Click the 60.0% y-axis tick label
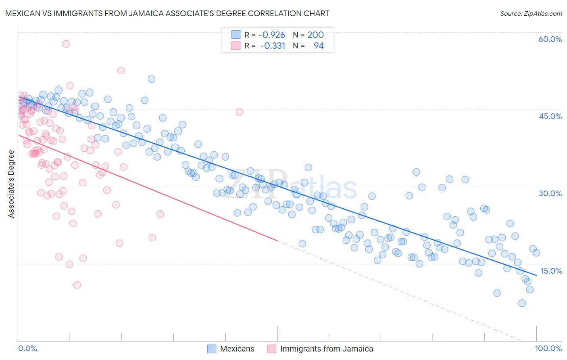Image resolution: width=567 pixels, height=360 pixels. [550, 39]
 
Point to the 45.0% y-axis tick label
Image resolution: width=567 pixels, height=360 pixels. [550, 116]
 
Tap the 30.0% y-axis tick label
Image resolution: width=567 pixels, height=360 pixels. [550, 193]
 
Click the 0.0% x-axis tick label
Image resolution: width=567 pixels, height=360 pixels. [27, 348]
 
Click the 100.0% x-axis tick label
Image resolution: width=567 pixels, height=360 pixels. [548, 348]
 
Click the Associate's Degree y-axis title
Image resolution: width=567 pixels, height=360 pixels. [11, 184]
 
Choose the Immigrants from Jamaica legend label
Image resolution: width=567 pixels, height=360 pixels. [326, 349]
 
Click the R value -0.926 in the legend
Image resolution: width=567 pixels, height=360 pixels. [271, 35]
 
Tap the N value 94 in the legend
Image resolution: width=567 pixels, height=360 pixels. [319, 46]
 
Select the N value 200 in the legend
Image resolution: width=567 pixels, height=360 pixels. [315, 35]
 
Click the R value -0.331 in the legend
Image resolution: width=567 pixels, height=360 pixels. [272, 46]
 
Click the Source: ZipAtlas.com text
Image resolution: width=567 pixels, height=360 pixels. [531, 13]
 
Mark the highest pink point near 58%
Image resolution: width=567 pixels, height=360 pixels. [66, 44]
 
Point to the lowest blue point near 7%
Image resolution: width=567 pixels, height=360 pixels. [522, 303]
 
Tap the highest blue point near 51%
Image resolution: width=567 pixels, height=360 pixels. [152, 79]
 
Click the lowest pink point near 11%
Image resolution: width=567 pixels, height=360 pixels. [77, 285]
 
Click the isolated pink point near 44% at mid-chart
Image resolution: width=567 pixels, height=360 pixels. [239, 112]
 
